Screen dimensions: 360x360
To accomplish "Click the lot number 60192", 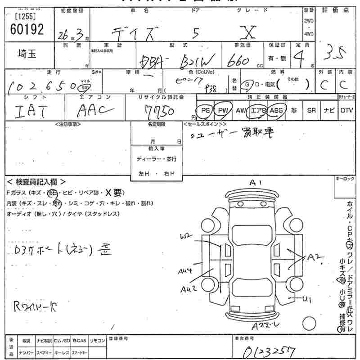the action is tap(26, 29).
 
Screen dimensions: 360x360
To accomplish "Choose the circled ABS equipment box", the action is tap(276, 110).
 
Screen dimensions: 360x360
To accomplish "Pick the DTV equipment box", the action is tap(346, 110).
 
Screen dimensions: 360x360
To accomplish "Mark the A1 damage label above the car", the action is tap(256, 182).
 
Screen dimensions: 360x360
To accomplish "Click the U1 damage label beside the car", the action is tap(307, 299).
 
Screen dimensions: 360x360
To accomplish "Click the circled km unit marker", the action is tap(85, 87).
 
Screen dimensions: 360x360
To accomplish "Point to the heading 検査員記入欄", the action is tap(36, 182).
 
